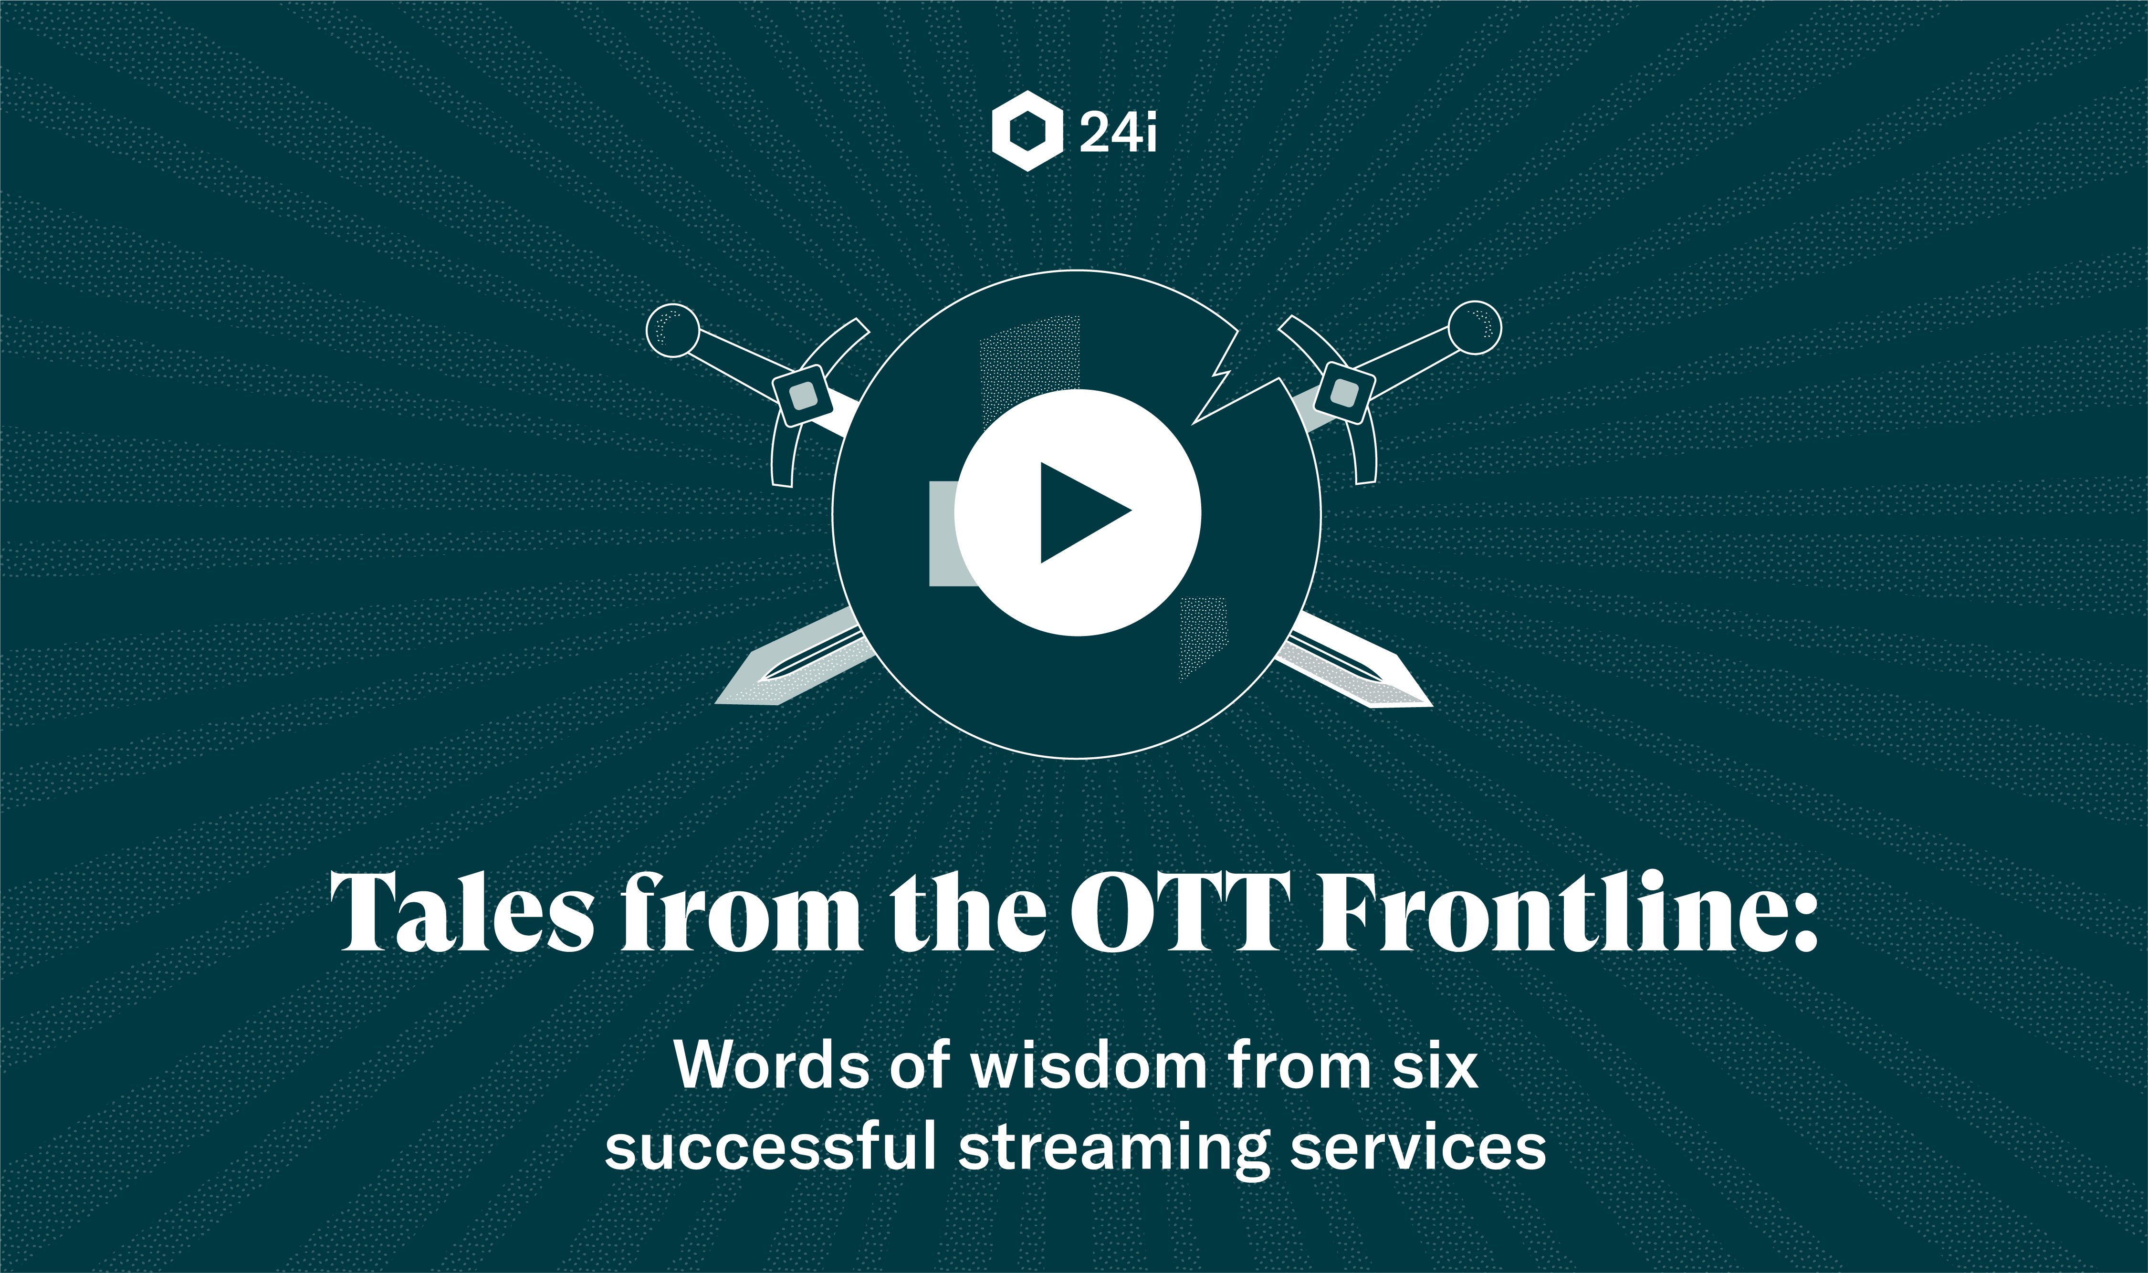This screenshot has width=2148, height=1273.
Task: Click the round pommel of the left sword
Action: click(x=672, y=329)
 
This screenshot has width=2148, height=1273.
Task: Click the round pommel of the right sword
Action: click(x=1475, y=327)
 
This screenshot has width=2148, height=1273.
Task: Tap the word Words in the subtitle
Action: click(x=773, y=1065)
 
